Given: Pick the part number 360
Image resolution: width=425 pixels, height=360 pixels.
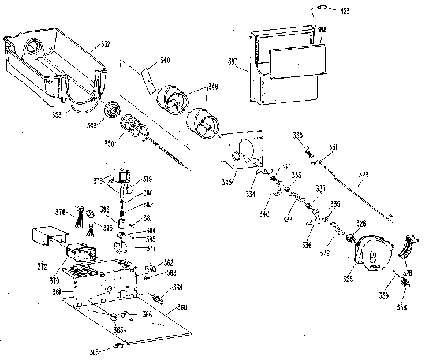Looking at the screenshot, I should pos(182,307).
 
